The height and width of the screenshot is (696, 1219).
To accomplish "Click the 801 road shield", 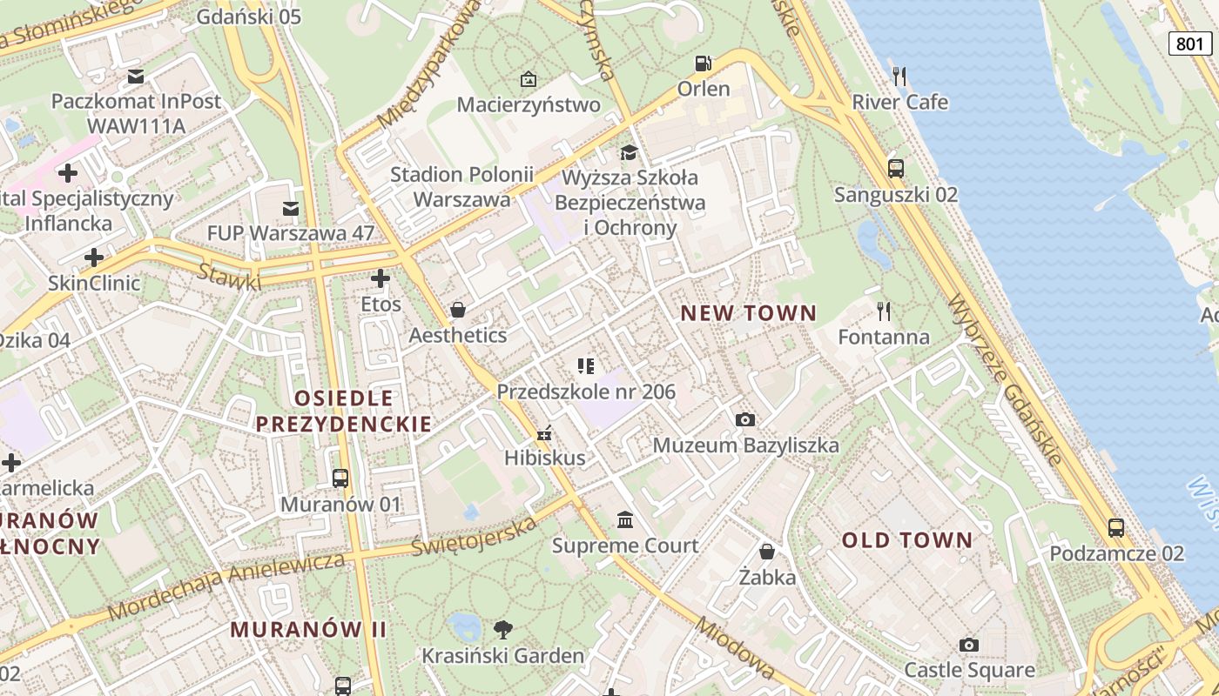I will [1189, 43].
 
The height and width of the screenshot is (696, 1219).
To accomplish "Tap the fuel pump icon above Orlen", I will [703, 63].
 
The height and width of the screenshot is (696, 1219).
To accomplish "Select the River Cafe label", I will [899, 102].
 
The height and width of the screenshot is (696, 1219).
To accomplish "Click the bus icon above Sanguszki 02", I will [895, 168].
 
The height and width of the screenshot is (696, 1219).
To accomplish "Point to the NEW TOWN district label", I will [748, 313].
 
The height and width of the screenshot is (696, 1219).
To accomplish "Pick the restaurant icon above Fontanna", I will [884, 311].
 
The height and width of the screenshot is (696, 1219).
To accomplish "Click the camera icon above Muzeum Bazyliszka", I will [744, 419].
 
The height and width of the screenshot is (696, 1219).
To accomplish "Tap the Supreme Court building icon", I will [624, 519].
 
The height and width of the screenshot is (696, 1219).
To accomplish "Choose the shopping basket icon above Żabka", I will [767, 551].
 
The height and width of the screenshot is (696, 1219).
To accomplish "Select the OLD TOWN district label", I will [906, 540].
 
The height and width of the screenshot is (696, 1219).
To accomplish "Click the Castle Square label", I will [969, 670].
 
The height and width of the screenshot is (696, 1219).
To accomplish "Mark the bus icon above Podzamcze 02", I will [1115, 527].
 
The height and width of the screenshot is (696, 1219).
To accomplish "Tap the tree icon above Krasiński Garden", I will [502, 629].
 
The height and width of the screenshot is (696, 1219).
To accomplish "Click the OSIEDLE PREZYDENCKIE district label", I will [343, 412].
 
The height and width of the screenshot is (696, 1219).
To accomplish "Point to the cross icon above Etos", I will [381, 278].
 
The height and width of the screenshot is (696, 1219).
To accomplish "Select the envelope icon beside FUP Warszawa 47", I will [291, 209].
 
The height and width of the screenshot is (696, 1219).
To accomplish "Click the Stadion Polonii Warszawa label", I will [461, 186].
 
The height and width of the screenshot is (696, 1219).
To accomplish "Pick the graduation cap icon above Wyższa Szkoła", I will [629, 153].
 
